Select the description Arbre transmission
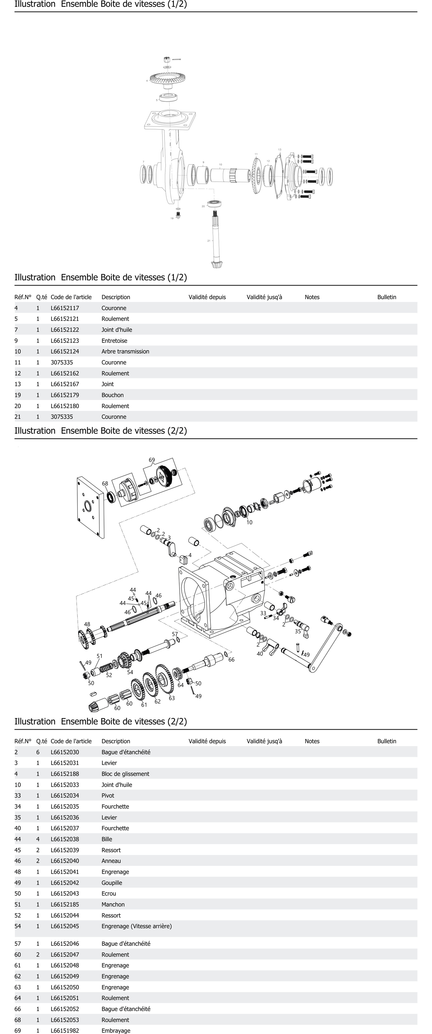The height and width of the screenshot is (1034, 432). tap(125, 351)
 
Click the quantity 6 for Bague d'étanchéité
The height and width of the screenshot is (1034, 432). tap(38, 752)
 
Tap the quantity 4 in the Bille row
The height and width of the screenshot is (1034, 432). tap(38, 839)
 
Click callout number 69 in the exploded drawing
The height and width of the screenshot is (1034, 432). tap(152, 460)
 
